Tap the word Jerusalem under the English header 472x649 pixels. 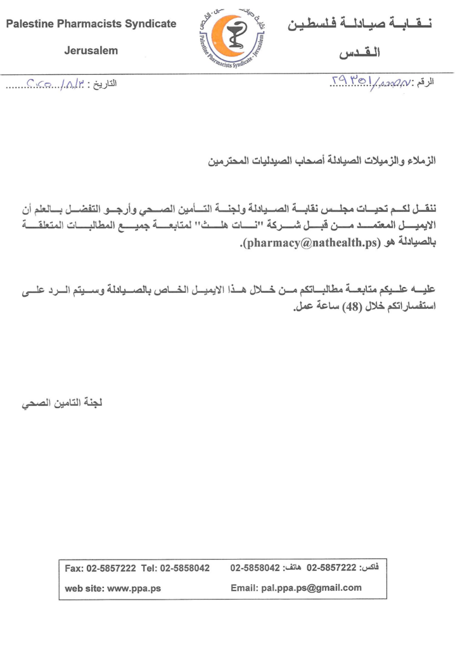[91, 51]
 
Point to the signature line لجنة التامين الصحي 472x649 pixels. [60, 404]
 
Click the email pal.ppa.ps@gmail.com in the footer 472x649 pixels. [311, 588]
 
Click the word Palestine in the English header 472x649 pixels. [29, 25]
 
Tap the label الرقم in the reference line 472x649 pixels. [424, 83]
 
